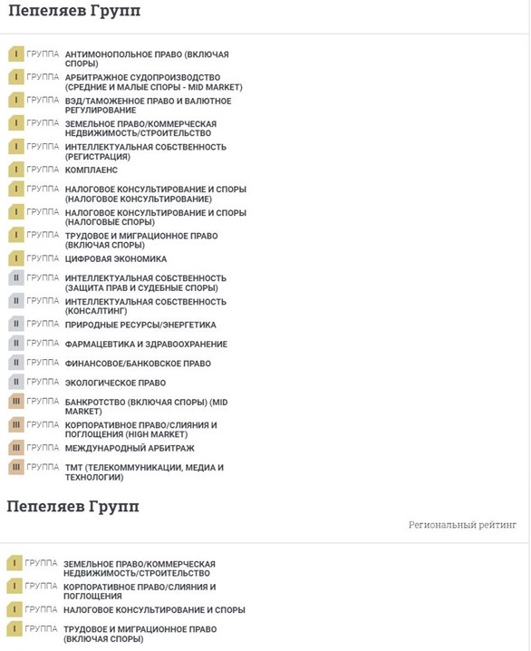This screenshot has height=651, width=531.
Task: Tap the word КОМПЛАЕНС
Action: pyautogui.click(x=92, y=170)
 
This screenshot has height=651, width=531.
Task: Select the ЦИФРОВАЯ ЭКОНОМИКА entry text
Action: pyautogui.click(x=116, y=259)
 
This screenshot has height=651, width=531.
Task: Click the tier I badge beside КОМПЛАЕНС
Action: pyautogui.click(x=16, y=170)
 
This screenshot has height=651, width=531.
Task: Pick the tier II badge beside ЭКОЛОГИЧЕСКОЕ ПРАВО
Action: pyautogui.click(x=16, y=383)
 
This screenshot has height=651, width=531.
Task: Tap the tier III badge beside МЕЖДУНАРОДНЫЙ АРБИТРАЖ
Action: pyautogui.click(x=16, y=448)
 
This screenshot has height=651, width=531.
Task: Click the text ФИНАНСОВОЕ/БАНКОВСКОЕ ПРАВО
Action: pyautogui.click(x=138, y=364)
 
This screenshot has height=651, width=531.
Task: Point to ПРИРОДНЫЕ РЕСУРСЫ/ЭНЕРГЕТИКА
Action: pyautogui.click(x=140, y=325)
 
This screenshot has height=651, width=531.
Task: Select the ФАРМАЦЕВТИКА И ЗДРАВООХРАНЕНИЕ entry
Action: pyautogui.click(x=146, y=345)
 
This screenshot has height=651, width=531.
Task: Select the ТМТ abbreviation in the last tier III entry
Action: pyautogui.click(x=75, y=468)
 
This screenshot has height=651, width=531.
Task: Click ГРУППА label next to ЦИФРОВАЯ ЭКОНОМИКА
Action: pyautogui.click(x=43, y=258)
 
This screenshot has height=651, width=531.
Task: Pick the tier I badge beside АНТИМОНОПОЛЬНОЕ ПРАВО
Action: pyautogui.click(x=16, y=54)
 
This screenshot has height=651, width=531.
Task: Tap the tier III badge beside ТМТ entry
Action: pyautogui.click(x=16, y=468)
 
